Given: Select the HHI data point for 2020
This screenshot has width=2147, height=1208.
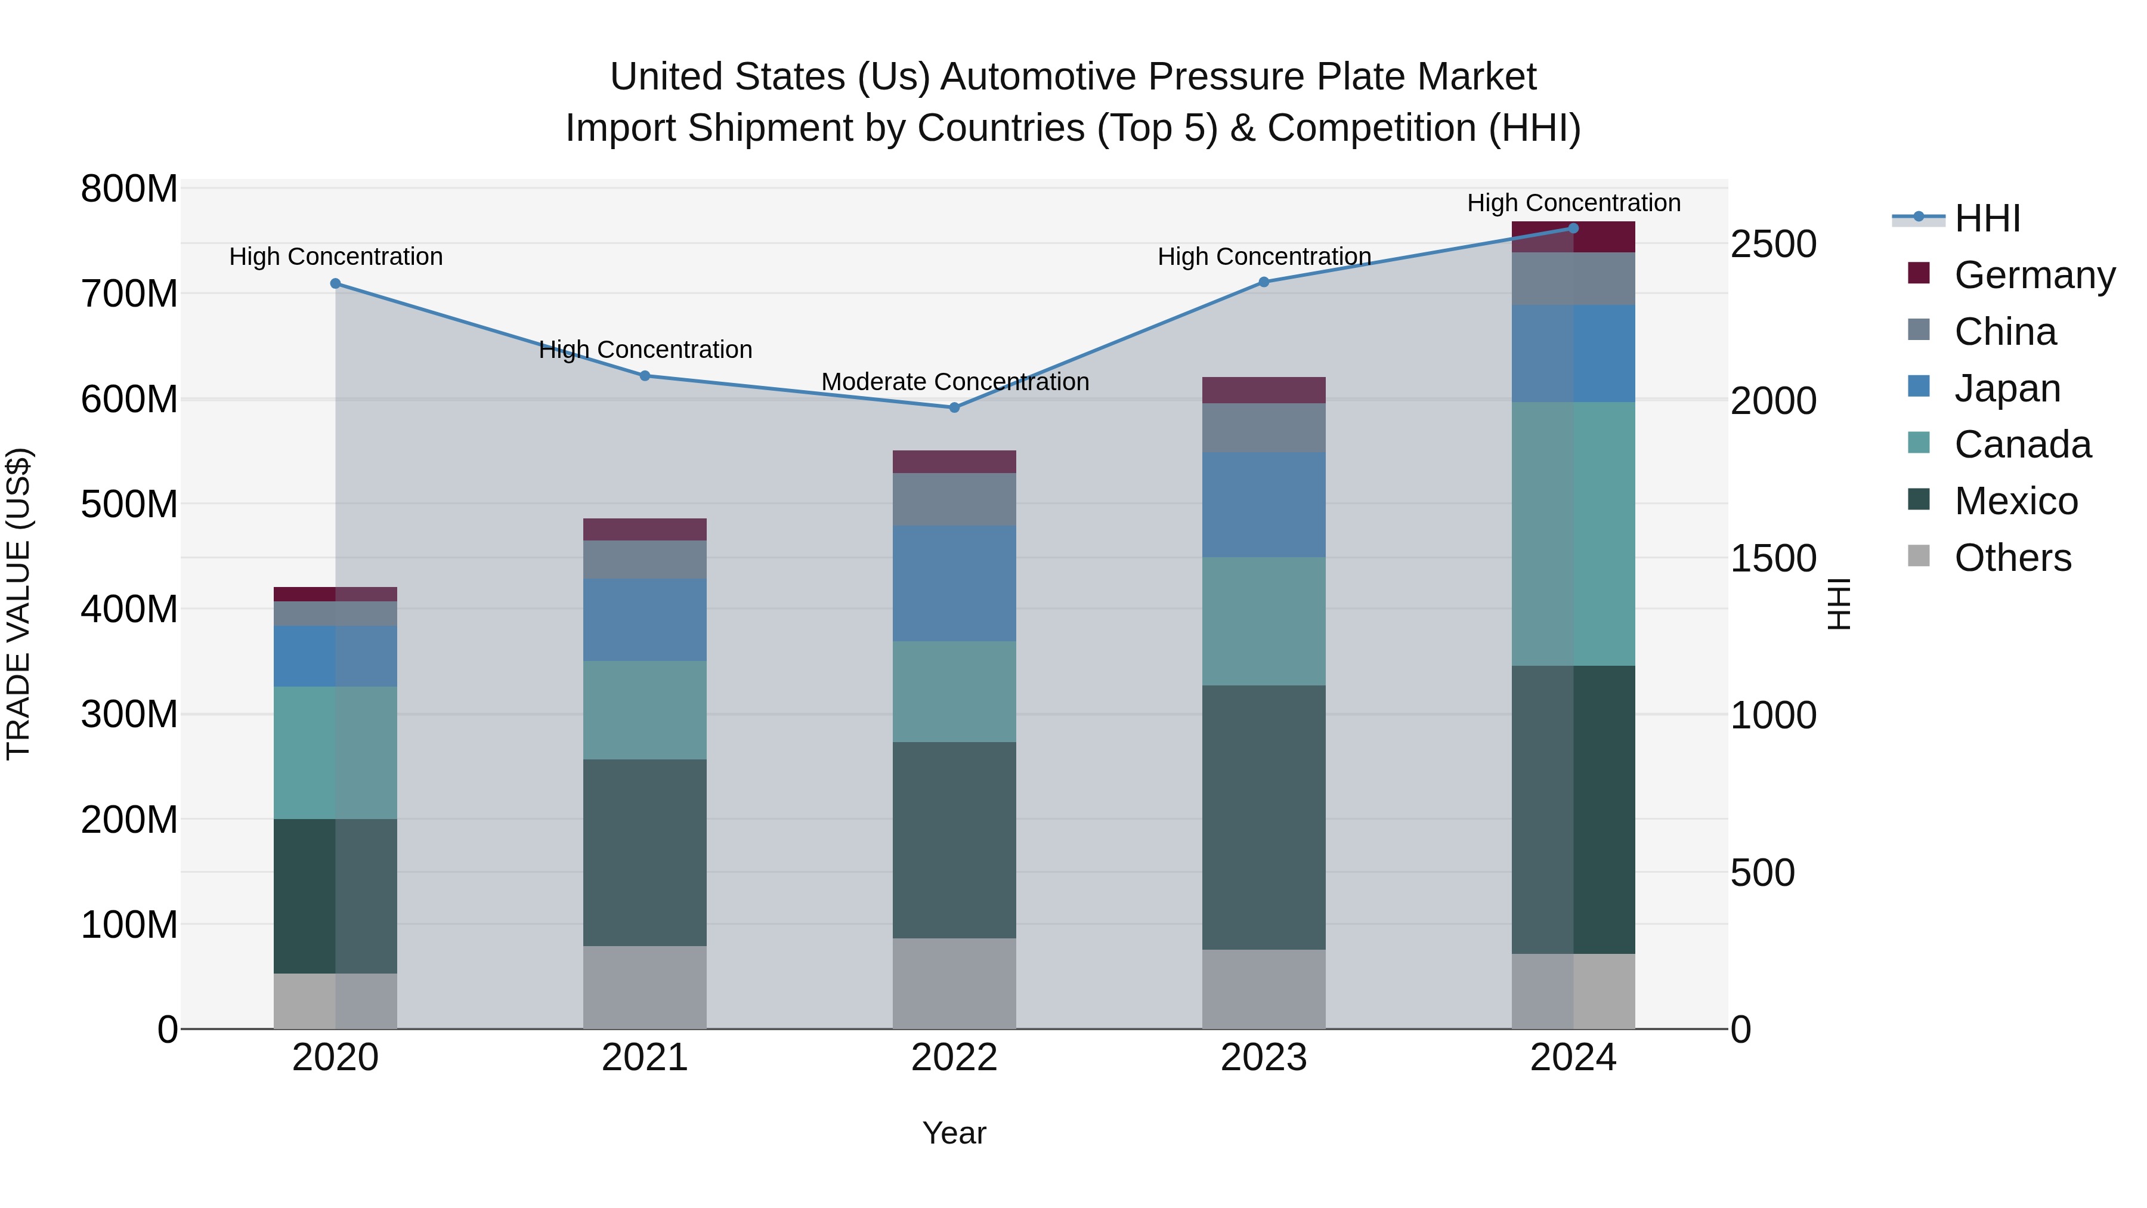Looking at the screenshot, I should coord(336,283).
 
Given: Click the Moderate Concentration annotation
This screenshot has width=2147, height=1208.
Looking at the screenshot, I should coord(955,382).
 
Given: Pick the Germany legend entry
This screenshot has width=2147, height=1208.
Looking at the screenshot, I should coord(2034,275).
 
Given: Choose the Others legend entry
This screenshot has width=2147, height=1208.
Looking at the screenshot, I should coord(2012,558).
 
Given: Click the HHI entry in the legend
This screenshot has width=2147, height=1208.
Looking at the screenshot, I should coord(1987,218).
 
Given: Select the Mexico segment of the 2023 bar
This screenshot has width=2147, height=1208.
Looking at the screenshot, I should coord(1264,817).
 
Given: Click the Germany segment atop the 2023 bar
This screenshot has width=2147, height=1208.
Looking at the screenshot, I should coord(1264,390).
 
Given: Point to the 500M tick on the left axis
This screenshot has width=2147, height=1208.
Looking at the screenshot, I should coord(129,504).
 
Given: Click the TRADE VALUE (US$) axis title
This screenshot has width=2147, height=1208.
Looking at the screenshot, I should coord(19,604).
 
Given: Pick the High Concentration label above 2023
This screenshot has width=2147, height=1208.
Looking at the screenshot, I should coord(1264,257).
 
